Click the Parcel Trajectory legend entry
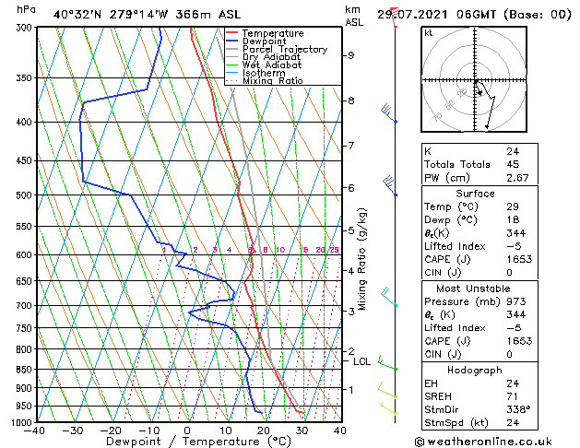click(x=284, y=49)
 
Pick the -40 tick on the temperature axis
click(x=35, y=430)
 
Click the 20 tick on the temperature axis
click(x=264, y=430)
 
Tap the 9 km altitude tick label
click(x=350, y=55)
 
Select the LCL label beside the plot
click(x=362, y=361)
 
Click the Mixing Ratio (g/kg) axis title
click(x=361, y=258)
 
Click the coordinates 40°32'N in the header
click(x=79, y=14)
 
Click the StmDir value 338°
click(x=518, y=409)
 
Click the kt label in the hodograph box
click(x=429, y=32)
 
